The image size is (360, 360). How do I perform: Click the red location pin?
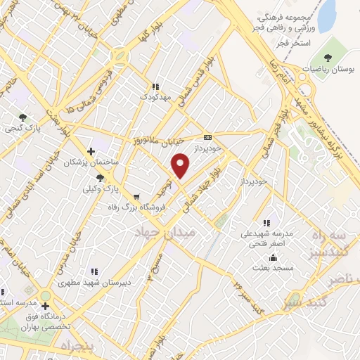point(181,165)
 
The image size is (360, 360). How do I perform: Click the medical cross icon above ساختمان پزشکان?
point(91,150)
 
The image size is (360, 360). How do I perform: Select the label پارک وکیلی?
point(98,189)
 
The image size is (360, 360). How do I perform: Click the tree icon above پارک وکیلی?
point(102,177)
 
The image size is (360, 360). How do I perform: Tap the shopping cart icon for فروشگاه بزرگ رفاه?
point(136,196)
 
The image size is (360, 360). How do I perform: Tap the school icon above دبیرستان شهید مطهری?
point(91,271)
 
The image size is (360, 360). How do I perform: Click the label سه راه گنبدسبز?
point(335,244)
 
